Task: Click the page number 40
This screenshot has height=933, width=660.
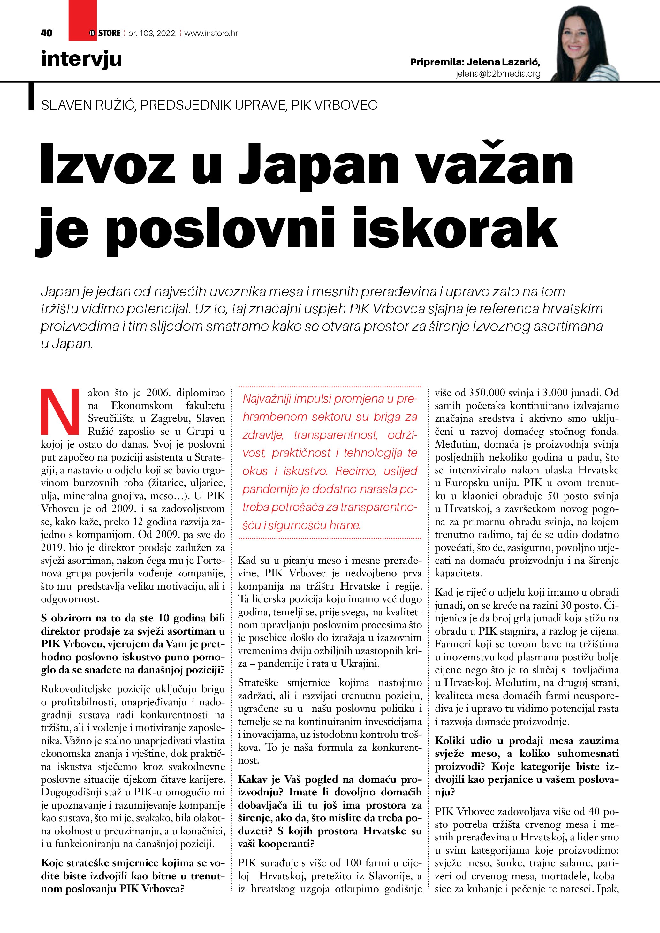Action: (47, 33)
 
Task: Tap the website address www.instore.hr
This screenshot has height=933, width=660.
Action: (211, 33)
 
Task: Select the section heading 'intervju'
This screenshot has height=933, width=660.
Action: (81, 59)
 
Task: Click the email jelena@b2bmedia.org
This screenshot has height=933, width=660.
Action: (498, 73)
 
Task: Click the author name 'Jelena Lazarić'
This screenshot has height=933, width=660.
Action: (503, 62)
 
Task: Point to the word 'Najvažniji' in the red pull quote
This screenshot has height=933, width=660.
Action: (266, 398)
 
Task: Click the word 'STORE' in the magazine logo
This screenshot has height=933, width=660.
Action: (109, 33)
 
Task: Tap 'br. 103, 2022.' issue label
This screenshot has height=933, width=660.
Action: (152, 33)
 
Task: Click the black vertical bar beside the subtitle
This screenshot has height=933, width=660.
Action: (31, 96)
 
